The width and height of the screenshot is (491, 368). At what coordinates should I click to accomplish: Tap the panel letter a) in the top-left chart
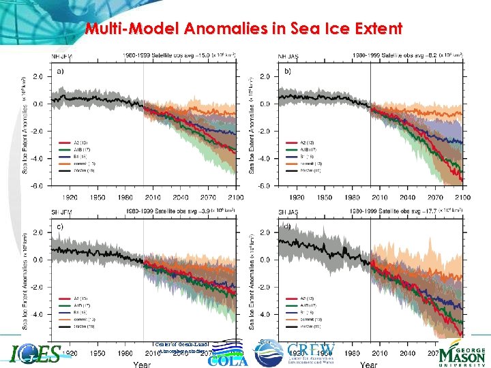coord(61,71)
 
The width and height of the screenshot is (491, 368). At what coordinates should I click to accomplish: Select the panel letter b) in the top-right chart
coord(287,71)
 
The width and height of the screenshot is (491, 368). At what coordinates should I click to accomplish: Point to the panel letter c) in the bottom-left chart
coord(61,226)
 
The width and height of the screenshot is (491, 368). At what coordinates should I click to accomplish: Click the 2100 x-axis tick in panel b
coord(462,198)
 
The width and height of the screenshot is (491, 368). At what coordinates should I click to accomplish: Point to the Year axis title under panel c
coord(142,364)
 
